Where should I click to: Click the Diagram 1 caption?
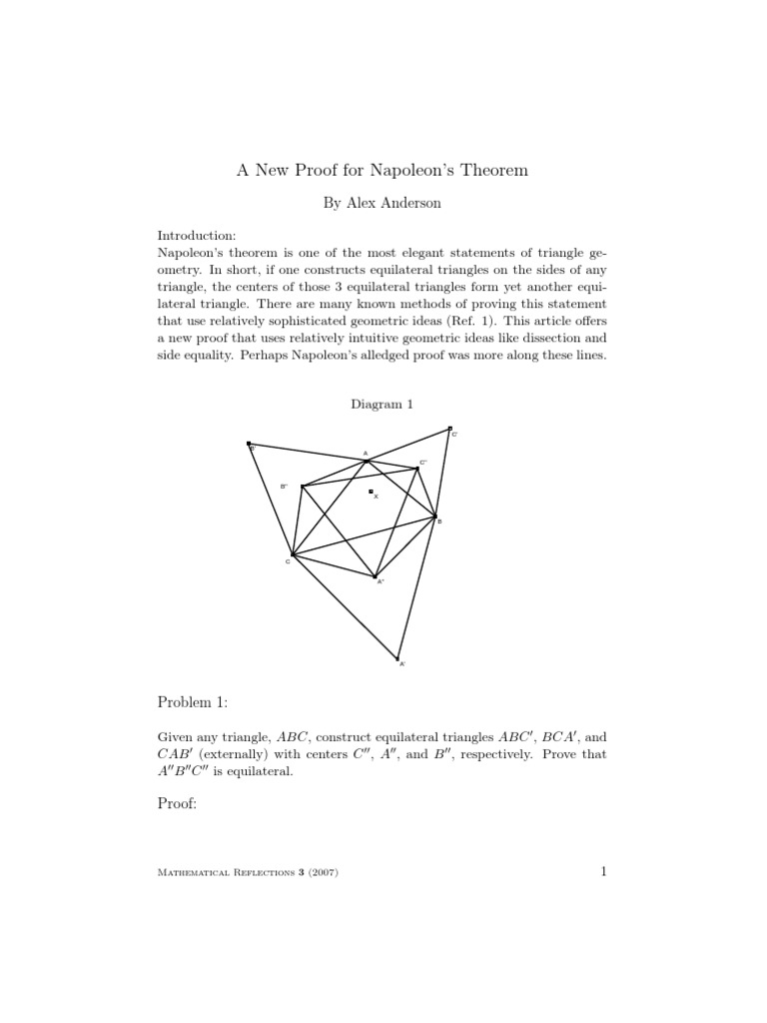382,404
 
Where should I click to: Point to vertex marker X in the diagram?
371,492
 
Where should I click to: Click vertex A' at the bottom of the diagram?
397,658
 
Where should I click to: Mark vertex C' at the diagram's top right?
449,429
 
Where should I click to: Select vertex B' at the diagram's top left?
249,444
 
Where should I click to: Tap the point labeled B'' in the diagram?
302,487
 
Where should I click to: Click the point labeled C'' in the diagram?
418,468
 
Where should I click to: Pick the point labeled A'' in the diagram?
375,576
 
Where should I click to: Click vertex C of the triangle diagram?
292,554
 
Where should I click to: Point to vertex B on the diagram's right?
435,516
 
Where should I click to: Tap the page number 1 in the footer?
603,872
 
